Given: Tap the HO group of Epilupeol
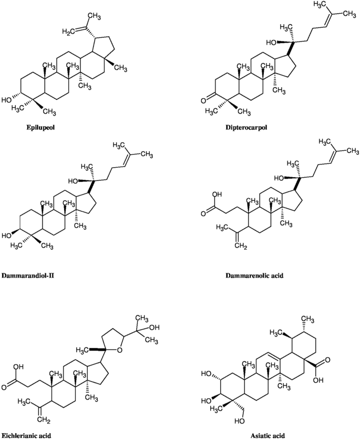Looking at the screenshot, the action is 7,99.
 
